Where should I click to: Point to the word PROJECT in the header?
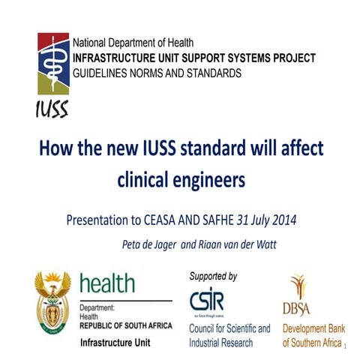click(x=292, y=58)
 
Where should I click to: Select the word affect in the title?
click(x=298, y=148)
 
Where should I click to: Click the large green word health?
click(x=108, y=284)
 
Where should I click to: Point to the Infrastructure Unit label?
click(x=112, y=343)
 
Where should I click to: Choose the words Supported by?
click(x=214, y=276)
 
